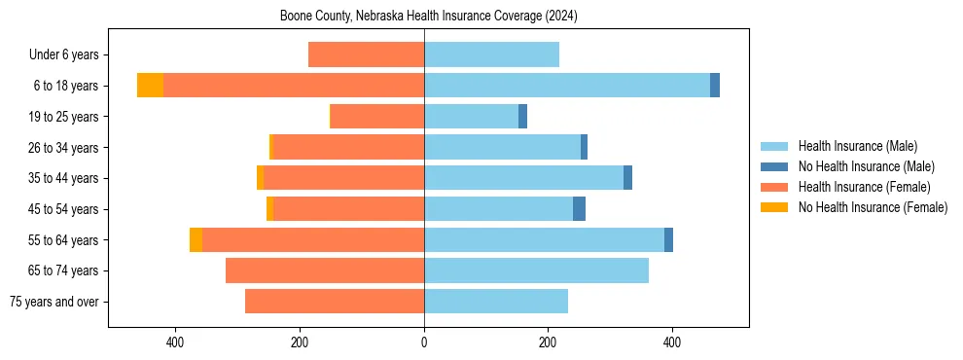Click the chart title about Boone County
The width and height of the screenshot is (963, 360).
429,16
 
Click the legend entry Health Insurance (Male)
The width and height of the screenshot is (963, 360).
857,146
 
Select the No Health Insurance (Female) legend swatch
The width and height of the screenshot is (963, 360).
776,207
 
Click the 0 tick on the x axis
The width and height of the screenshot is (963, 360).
424,342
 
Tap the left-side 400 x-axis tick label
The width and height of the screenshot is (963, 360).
176,342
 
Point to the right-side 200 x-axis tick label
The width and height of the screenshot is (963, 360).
548,342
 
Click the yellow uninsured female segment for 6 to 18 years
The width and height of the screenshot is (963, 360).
150,86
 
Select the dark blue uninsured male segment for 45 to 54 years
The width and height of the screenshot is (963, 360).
579,209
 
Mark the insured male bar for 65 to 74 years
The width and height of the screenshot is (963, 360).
536,270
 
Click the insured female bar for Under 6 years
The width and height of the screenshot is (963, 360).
366,54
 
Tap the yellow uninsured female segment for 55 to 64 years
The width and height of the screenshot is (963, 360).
196,239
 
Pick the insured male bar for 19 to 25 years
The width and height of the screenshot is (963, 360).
471,117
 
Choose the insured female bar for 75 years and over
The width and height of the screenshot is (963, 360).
335,302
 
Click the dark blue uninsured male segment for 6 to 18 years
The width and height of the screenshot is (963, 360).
715,86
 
